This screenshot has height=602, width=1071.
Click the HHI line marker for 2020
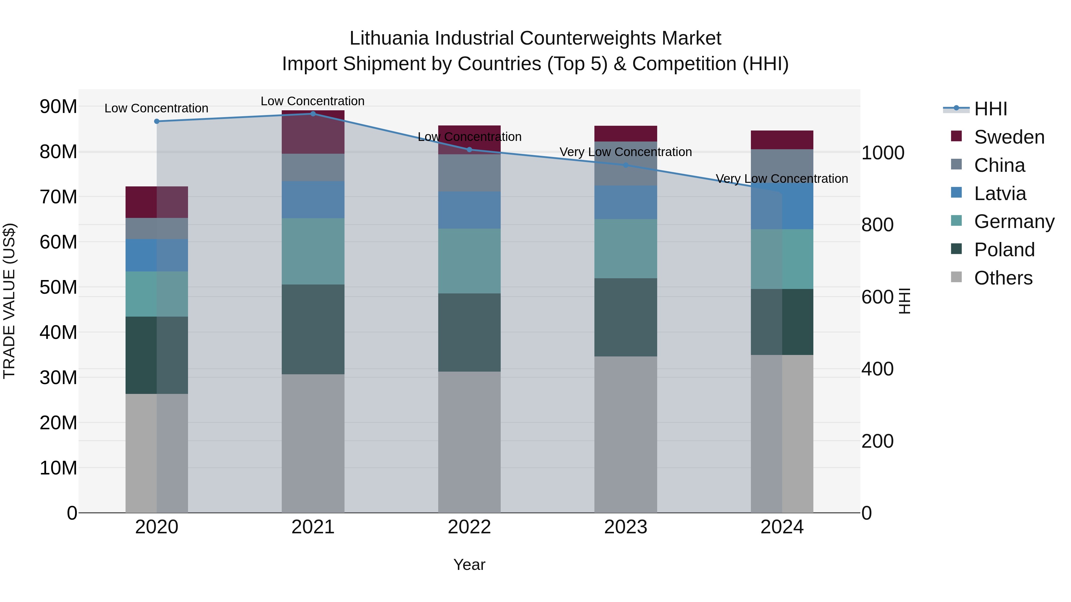[x=157, y=121]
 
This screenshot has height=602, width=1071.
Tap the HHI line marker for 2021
[x=313, y=114]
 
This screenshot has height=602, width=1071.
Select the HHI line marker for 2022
[x=469, y=150]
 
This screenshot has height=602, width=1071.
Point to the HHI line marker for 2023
[x=626, y=165]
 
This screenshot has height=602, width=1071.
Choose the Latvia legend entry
[x=1000, y=194]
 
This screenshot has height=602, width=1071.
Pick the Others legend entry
[x=1003, y=278]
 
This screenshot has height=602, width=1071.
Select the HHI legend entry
[x=990, y=109]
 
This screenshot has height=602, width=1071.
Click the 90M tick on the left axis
[x=58, y=107]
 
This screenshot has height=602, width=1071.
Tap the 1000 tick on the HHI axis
[x=882, y=153]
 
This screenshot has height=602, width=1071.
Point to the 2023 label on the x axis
[x=626, y=527]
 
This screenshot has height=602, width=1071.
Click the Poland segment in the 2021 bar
[x=313, y=329]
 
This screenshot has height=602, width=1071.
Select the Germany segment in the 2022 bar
[x=469, y=261]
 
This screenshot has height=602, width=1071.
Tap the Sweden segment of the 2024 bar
[x=782, y=140]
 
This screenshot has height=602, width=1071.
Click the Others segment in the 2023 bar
[x=626, y=434]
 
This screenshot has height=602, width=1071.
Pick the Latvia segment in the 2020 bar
[x=157, y=255]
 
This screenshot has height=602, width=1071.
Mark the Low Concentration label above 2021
[x=313, y=101]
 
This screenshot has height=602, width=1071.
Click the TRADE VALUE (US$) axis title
[x=9, y=301]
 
